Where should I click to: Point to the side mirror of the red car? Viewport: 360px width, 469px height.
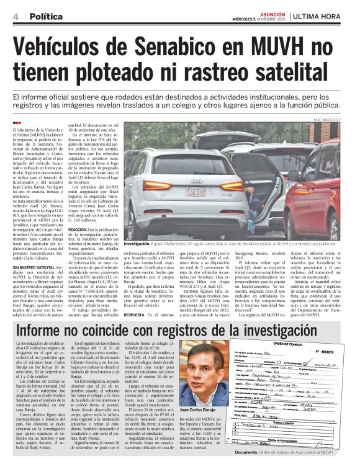coord(292,176)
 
